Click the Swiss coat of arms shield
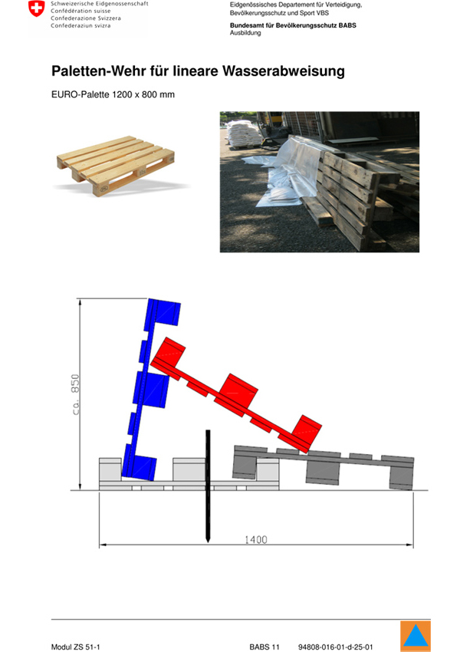tap(37, 8)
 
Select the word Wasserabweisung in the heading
tap(284, 71)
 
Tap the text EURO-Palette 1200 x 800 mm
tap(113, 94)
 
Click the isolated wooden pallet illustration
tap(116, 166)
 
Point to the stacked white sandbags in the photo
tap(244, 133)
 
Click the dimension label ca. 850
tap(75, 394)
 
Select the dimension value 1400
tap(255, 540)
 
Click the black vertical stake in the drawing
tap(208, 486)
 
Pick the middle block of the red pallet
tap(238, 391)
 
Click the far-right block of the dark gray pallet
tap(402, 474)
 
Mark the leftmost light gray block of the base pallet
tap(110, 469)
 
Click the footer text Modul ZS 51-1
tap(75, 647)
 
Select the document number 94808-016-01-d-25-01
tap(335, 647)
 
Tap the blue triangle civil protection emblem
tap(416, 636)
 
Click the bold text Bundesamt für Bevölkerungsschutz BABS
tap(293, 25)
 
